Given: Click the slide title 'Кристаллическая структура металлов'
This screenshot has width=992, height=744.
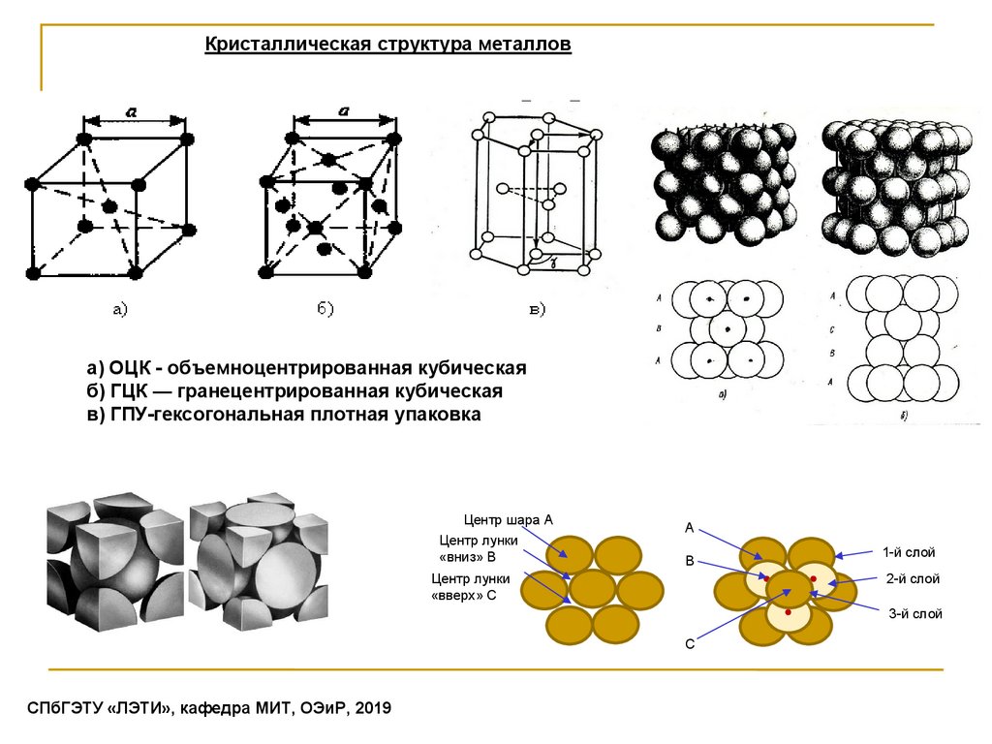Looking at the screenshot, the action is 387,46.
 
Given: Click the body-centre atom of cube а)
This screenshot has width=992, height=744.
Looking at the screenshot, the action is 108,205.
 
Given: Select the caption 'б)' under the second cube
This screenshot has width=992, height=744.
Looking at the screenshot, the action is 325,309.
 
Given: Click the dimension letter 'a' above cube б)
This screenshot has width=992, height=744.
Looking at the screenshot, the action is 343,111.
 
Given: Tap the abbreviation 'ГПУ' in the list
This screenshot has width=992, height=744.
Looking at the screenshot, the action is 126,415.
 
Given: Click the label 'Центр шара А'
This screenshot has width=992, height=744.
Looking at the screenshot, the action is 508,520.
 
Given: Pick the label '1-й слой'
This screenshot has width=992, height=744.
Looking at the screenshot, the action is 908,552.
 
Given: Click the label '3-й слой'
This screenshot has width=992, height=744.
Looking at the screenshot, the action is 915,614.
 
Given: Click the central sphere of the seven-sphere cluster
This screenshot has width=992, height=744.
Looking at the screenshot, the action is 593,589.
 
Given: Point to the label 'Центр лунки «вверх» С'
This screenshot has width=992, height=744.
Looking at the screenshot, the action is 463,587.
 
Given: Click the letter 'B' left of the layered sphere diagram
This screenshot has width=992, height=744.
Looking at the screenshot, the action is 690,561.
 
